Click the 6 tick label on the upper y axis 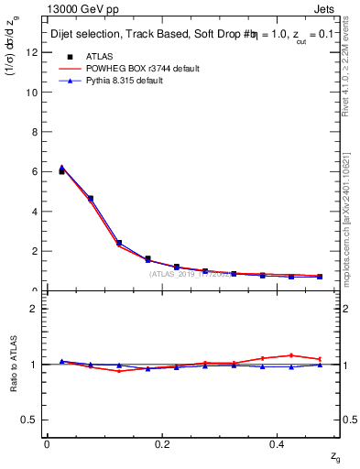pyautogui.click(x=36, y=172)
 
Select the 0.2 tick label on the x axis pyautogui.click(x=163, y=444)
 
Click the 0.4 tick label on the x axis pyautogui.click(x=279, y=444)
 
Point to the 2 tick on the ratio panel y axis pyautogui.click(x=36, y=309)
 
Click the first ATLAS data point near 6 pyautogui.click(x=61, y=171)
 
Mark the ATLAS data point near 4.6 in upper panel pyautogui.click(x=90, y=199)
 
